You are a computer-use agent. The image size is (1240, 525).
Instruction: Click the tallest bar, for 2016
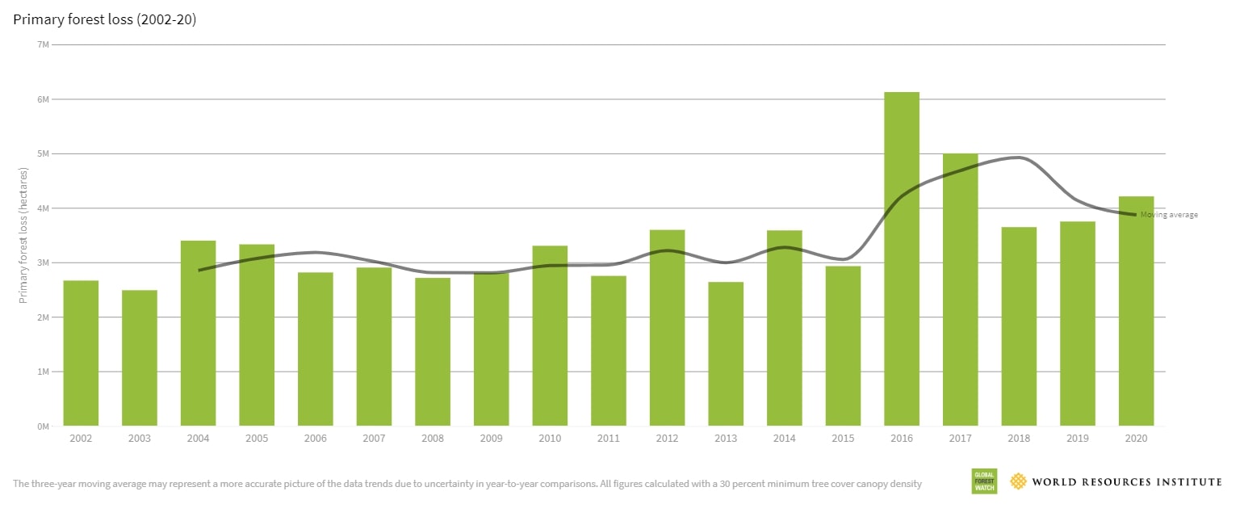[x=902, y=258]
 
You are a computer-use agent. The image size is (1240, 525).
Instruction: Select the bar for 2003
[x=140, y=358]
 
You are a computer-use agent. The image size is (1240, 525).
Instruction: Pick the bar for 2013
[x=726, y=354]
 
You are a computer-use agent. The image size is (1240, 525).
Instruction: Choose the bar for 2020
[x=1136, y=311]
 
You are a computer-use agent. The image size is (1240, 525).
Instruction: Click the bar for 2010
[x=550, y=335]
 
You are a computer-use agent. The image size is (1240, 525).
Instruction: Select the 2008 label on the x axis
[x=433, y=439]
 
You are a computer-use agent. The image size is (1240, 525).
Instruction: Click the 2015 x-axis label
[x=843, y=439]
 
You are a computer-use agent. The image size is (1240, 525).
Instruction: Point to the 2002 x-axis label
[x=81, y=439]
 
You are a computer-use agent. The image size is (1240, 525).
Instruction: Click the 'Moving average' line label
[x=1169, y=215]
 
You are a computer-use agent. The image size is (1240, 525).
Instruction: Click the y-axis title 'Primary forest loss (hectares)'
[x=23, y=236]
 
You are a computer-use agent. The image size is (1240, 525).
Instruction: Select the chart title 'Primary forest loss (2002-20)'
[x=105, y=19]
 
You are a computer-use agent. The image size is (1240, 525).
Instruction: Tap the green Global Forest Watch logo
[x=984, y=481]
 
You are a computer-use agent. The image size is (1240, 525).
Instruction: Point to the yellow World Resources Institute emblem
[x=1019, y=481]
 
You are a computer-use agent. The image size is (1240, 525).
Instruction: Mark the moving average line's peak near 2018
[x=1019, y=157]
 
